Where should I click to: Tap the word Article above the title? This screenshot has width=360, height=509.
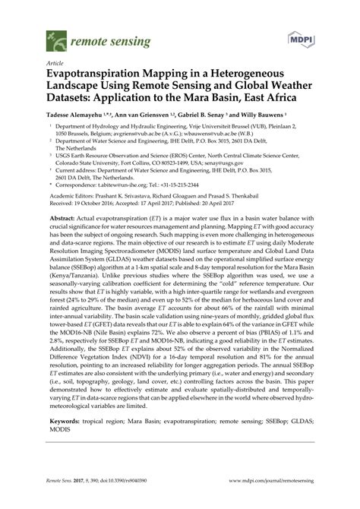(x=54, y=65)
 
